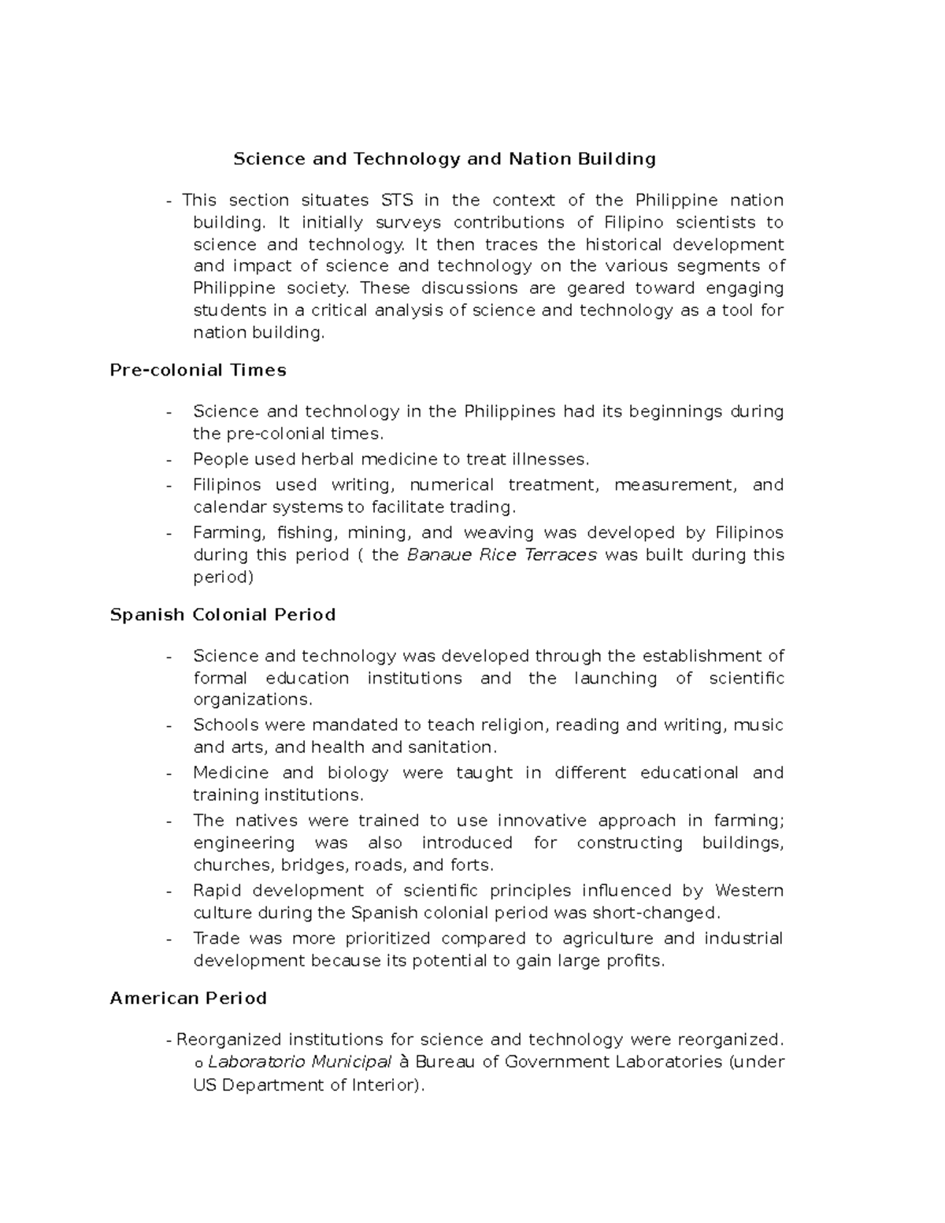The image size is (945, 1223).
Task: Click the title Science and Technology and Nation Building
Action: (x=444, y=159)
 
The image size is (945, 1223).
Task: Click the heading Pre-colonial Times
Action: (x=198, y=370)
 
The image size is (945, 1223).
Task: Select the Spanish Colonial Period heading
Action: (x=223, y=614)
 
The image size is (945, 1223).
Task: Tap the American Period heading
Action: (x=188, y=998)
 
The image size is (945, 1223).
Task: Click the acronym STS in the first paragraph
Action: (x=397, y=200)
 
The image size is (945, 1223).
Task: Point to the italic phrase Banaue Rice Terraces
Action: (x=502, y=554)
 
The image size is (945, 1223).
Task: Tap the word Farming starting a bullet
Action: (x=227, y=533)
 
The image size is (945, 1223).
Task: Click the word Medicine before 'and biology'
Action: (x=231, y=773)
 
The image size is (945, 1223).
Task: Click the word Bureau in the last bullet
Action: (x=445, y=1062)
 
